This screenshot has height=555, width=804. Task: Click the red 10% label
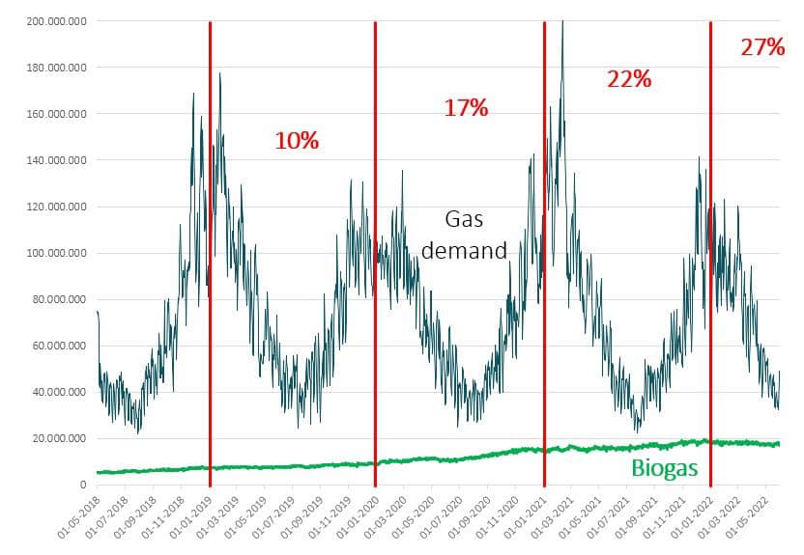pos(297,141)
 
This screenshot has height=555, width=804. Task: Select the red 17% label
pos(466,108)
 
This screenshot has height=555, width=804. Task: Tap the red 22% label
pos(629,80)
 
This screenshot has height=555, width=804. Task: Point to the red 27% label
pos(762,47)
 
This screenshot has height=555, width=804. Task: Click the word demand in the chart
pos(465,251)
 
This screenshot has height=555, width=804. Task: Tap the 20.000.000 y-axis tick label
pos(59,438)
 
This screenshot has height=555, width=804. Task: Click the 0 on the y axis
pos(84,485)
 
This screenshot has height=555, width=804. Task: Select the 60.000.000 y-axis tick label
pos(59,346)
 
